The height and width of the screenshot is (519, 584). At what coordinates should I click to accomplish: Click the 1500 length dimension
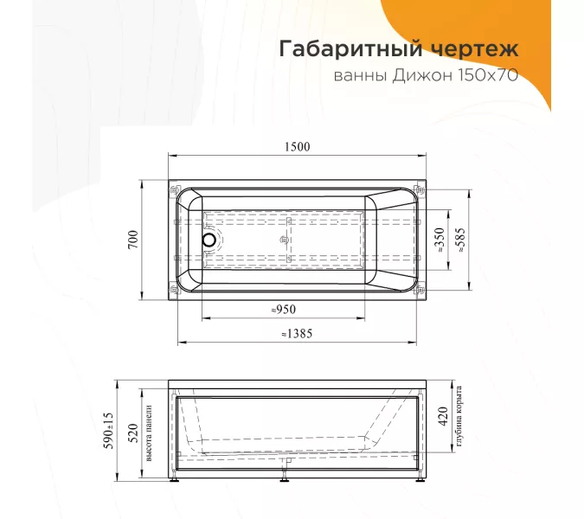[296, 147]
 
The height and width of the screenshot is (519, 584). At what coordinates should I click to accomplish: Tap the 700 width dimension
[133, 241]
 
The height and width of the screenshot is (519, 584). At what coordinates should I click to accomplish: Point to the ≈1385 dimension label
[297, 333]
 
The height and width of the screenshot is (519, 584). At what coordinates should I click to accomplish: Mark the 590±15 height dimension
[107, 430]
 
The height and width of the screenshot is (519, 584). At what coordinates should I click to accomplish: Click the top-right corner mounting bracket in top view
[420, 189]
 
